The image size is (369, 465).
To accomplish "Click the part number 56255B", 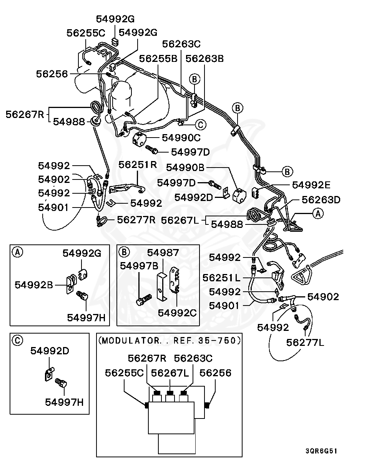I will [158, 59].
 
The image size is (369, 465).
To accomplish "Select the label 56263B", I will [204, 59].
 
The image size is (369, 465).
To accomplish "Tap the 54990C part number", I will [181, 138].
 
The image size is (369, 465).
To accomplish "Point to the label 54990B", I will [185, 168].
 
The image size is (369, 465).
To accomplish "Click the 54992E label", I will [311, 185].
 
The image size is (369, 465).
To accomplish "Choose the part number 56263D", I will [321, 200].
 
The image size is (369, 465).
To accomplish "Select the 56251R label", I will [138, 165].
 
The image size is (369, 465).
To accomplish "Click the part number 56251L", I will [221, 277].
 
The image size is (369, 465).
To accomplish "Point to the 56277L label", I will [305, 342].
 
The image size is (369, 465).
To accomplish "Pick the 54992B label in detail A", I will [34, 285].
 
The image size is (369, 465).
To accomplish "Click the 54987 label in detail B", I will [163, 252].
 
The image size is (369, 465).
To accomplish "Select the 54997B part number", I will [139, 266].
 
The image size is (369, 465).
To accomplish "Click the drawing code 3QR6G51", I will [321, 451].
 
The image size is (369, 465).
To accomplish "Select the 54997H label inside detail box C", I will [64, 402].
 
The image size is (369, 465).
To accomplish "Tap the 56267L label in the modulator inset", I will [170, 373].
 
